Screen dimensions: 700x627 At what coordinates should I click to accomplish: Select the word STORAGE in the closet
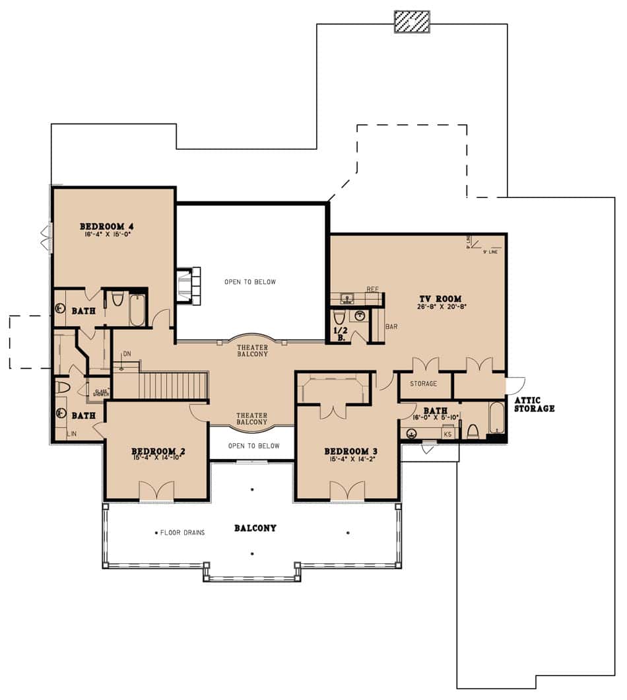click(424, 384)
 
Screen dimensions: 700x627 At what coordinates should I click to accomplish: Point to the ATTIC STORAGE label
click(533, 404)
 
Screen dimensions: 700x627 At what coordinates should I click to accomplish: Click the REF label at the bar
click(372, 289)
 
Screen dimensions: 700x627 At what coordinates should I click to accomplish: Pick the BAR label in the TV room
click(391, 327)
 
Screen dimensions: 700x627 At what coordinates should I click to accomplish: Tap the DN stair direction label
click(127, 354)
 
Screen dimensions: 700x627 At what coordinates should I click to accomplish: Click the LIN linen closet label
click(71, 434)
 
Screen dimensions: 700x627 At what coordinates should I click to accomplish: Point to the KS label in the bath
click(447, 434)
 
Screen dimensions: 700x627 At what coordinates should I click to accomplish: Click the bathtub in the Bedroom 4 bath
click(137, 310)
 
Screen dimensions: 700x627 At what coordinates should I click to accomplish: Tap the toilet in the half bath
click(340, 317)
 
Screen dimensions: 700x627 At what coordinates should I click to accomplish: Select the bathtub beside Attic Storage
click(496, 417)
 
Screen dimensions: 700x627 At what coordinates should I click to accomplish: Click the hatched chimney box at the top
click(412, 22)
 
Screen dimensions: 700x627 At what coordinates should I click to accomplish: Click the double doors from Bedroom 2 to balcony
click(156, 491)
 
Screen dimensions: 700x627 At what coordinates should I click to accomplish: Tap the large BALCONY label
click(255, 528)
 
